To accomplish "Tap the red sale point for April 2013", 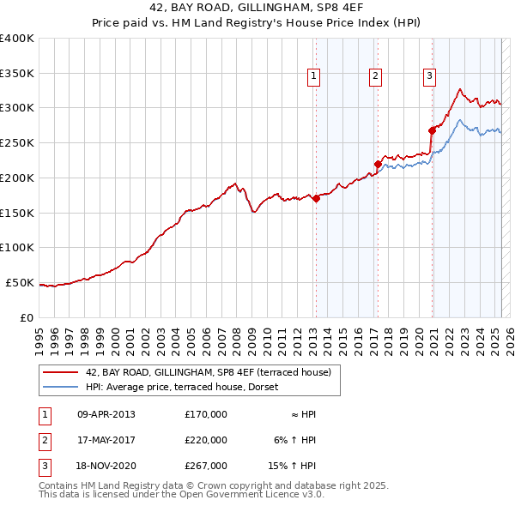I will pos(316,198).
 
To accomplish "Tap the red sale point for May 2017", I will pos(378,163).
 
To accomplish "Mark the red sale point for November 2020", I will pos(432,130).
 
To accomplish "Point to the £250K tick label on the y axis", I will pos(16,142).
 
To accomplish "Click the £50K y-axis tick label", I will pos(20,282).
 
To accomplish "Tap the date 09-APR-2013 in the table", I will pos(106,414).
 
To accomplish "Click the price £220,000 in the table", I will pos(206,440).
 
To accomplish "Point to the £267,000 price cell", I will pos(206,466).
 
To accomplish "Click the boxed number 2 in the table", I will pos(42,440).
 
